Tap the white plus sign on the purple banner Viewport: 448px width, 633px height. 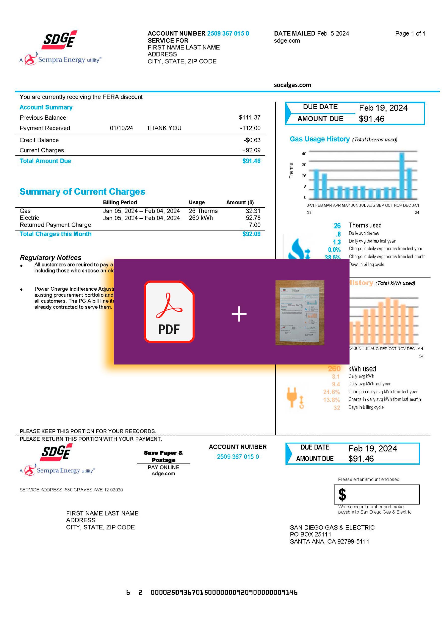click(239, 314)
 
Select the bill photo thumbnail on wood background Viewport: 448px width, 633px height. click(300, 313)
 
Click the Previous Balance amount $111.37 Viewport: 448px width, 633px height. click(249, 117)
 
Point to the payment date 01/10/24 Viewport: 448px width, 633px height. click(121, 128)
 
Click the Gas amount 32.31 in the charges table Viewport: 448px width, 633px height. click(253, 211)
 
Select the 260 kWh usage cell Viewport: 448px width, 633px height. click(201, 218)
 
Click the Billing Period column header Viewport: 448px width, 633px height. click(120, 203)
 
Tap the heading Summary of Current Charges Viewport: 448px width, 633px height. click(82, 191)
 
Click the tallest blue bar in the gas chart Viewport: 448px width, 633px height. click(402, 175)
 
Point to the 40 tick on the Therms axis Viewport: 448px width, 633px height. click(304, 154)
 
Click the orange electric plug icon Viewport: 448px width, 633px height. click(291, 397)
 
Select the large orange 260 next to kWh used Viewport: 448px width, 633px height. click(334, 369)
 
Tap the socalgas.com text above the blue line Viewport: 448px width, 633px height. click(292, 85)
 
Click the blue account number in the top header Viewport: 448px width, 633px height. click(228, 33)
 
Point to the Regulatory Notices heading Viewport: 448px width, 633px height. click(51, 258)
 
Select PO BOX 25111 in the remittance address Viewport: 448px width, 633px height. click(310, 534)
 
